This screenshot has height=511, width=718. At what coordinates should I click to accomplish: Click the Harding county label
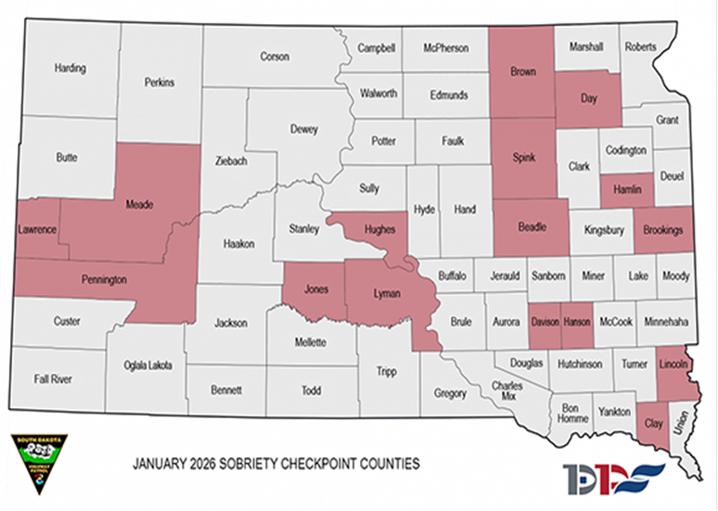pyautogui.click(x=71, y=69)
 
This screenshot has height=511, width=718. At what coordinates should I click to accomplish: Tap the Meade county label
pyautogui.click(x=139, y=204)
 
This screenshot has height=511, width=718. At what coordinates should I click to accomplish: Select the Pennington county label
pyautogui.click(x=102, y=279)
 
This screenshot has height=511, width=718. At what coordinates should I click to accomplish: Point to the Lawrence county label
pyautogui.click(x=38, y=229)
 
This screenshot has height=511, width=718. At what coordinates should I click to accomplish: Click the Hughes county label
pyautogui.click(x=378, y=229)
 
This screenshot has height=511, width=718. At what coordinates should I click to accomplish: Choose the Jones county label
pyautogui.click(x=316, y=289)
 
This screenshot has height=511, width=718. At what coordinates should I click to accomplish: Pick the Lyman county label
pyautogui.click(x=386, y=294)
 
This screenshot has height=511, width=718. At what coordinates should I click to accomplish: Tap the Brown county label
pyautogui.click(x=523, y=72)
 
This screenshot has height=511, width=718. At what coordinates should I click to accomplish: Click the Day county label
pyautogui.click(x=588, y=96)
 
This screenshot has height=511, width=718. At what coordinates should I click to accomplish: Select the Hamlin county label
pyautogui.click(x=629, y=190)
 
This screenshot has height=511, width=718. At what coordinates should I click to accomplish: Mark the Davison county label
pyautogui.click(x=545, y=321)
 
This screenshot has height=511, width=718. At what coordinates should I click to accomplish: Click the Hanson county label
pyautogui.click(x=576, y=321)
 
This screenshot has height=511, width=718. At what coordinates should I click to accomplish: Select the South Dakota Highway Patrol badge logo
pyautogui.click(x=36, y=462)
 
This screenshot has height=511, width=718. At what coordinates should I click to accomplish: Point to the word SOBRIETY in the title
pyautogui.click(x=250, y=462)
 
